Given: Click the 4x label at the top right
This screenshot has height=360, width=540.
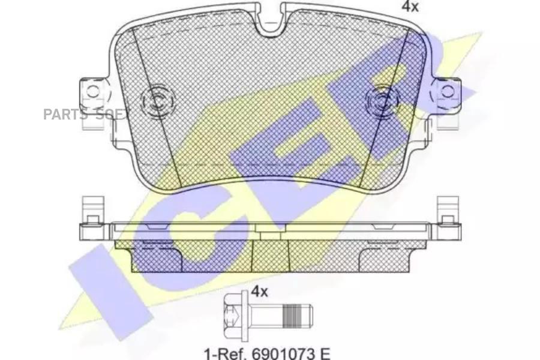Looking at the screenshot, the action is (410, 7).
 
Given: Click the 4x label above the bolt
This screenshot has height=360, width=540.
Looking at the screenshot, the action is (259, 292).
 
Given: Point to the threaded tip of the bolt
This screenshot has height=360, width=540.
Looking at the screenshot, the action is (297, 316).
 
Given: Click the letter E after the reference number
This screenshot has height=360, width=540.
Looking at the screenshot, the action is (325, 353).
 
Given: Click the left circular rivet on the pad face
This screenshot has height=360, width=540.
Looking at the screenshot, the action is (157, 101).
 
